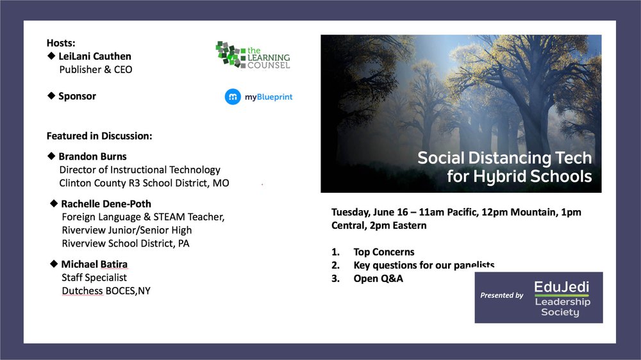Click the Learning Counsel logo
253,54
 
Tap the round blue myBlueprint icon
233,97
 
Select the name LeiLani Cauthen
95,56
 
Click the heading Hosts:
61,43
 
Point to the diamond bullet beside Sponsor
51,95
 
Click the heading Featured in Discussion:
99,136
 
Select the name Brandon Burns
92,156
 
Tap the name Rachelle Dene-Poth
106,204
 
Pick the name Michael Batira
94,265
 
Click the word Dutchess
82,291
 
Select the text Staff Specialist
94,277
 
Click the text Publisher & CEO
96,69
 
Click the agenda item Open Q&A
378,279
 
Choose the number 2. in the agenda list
335,266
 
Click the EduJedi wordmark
562,287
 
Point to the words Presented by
502,295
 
